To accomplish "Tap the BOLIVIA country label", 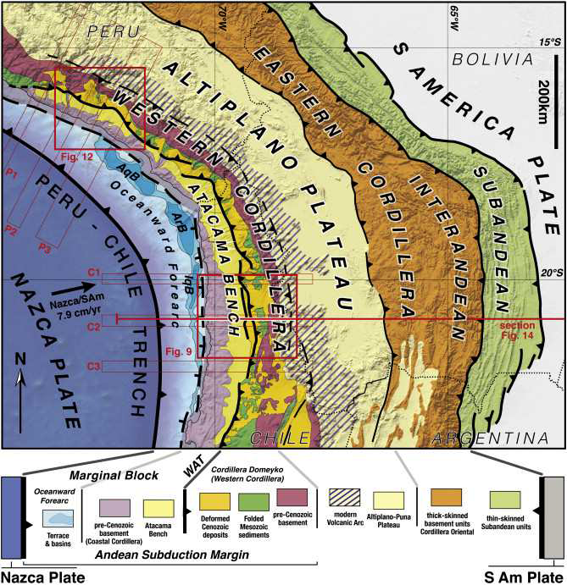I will (492, 58).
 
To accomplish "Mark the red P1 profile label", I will (12, 173).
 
